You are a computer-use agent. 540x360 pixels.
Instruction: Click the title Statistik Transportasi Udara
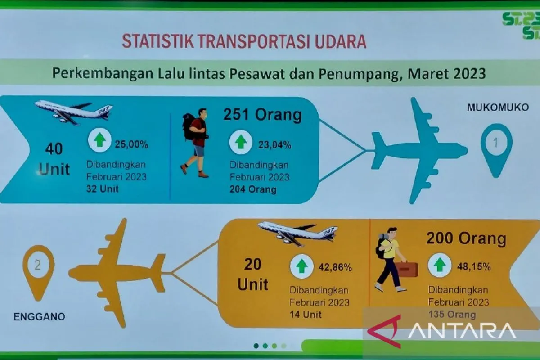coord(244,41)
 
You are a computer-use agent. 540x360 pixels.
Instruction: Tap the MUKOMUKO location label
coord(498,108)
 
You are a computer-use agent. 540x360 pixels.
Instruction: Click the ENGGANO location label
coord(39,317)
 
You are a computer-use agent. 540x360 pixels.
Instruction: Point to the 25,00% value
coord(131,144)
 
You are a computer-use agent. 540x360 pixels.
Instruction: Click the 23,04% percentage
coord(275,145)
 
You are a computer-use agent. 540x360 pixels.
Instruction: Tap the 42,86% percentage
coord(335,267)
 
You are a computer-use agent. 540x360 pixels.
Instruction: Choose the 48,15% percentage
coord(474,267)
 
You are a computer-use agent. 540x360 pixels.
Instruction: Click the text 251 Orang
coord(262,115)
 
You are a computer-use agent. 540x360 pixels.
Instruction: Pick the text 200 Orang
coord(466,238)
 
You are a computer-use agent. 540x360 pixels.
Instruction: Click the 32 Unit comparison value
coord(103,189)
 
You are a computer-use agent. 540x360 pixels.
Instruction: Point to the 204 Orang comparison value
coord(253,189)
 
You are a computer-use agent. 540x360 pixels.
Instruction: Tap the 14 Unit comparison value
coord(306,315)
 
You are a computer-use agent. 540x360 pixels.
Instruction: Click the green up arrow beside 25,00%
coord(100,140)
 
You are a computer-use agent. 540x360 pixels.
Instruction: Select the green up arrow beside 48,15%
coord(440,265)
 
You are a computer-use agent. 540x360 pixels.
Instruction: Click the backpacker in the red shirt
coord(195,143)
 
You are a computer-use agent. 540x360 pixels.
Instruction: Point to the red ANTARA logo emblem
coord(385,332)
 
